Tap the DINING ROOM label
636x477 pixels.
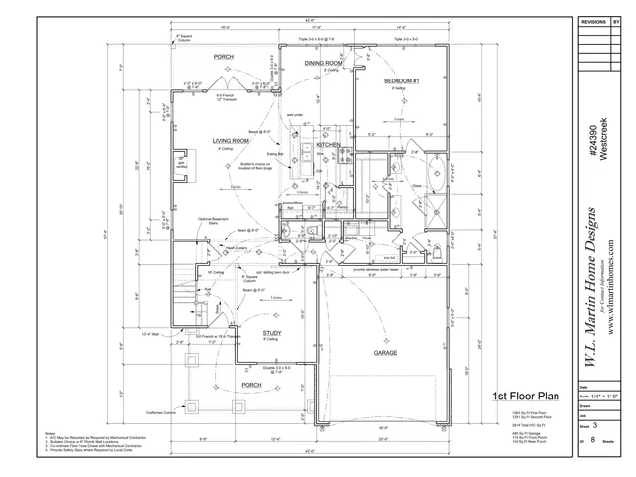tap(324, 63)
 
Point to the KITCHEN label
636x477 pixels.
tap(328, 145)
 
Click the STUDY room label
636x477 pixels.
tap(272, 333)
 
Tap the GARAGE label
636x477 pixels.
tap(386, 353)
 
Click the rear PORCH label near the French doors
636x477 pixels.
tap(224, 57)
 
